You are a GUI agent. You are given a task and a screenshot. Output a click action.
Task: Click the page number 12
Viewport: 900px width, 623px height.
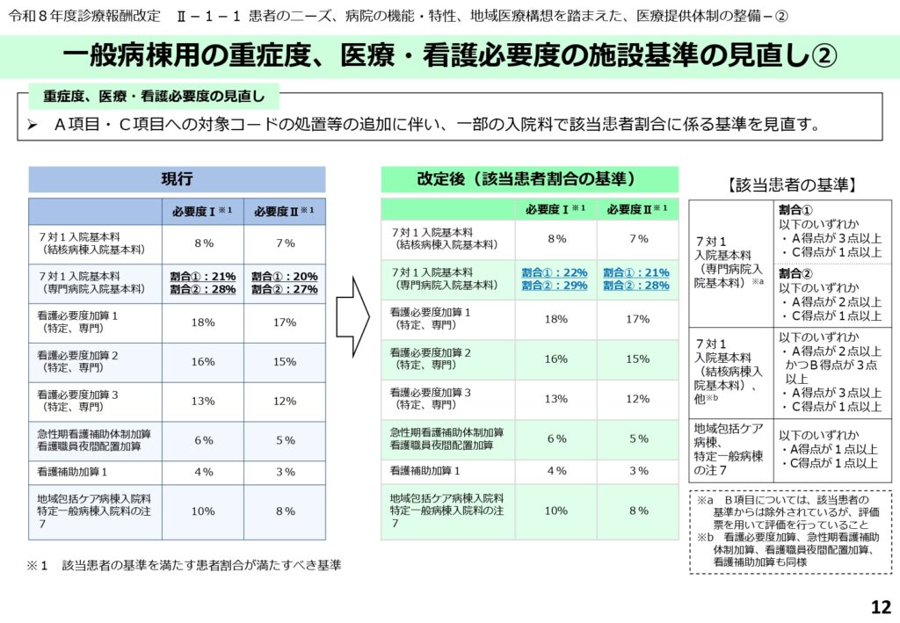[x=881, y=607]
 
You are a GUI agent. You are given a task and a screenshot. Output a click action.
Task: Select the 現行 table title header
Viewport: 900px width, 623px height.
[x=177, y=179]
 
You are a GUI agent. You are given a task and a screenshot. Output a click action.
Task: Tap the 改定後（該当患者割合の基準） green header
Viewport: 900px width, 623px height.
[x=529, y=179]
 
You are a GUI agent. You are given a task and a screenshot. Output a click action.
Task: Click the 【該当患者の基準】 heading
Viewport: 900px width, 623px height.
[x=791, y=185]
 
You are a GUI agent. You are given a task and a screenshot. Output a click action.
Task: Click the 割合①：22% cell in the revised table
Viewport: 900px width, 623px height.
[x=555, y=272]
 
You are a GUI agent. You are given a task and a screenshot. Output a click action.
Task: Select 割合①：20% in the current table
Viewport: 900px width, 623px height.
[x=284, y=276]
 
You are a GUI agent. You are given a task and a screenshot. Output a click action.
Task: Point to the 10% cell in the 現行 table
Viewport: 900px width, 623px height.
[x=202, y=511]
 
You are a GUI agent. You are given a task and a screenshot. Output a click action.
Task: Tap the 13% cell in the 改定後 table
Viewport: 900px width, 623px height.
[x=555, y=398]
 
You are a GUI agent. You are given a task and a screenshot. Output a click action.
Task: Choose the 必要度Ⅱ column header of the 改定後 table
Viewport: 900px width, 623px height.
[x=637, y=209]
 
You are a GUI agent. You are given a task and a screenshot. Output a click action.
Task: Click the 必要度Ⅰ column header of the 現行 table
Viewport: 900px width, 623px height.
[x=202, y=212]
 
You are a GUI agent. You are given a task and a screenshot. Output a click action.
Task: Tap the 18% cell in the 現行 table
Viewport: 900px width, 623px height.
[x=202, y=322]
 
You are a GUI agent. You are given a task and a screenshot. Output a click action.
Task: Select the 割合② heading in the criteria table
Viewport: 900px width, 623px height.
[x=795, y=272]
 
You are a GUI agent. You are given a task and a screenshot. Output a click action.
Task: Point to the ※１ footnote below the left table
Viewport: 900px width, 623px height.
[x=183, y=566]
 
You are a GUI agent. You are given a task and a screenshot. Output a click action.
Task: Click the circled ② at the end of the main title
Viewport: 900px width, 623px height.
[x=822, y=57]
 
